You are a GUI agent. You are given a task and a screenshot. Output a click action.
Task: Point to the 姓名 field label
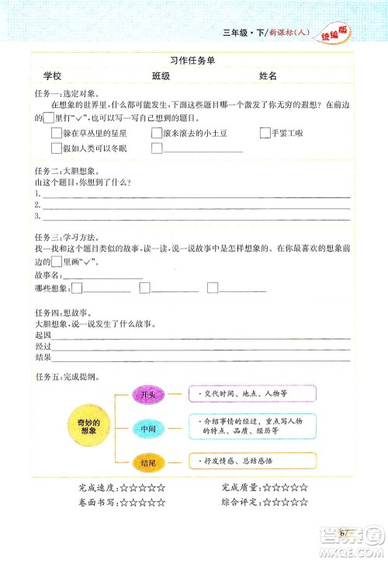pyautogui.click(x=267, y=76)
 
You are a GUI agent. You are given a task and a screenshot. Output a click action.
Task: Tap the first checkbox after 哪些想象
pyautogui.click(x=76, y=289)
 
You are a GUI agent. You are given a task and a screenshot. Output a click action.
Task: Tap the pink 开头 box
pyautogui.click(x=147, y=395)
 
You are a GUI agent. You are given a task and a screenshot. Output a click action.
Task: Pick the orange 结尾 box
pyautogui.click(x=147, y=462)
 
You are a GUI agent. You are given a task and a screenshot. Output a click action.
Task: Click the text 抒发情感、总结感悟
pyautogui.click(x=238, y=462)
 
